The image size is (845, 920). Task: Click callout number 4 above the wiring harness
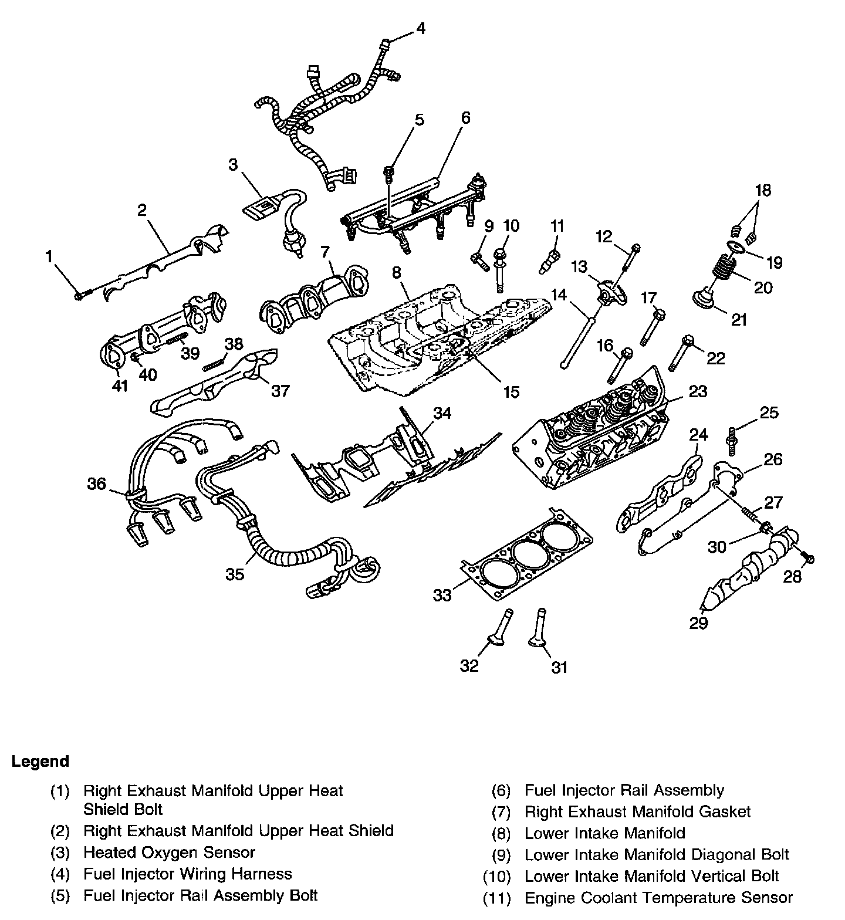pyautogui.click(x=420, y=28)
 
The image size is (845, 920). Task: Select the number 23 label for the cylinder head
pyautogui.click(x=698, y=391)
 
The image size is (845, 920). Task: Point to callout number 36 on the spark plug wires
pyautogui.click(x=97, y=483)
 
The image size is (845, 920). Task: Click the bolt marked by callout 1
pyautogui.click(x=79, y=295)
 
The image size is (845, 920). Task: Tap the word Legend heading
pyautogui.click(x=40, y=762)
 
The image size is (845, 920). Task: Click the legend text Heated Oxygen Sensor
pyautogui.click(x=169, y=852)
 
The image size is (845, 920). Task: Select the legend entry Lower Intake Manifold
pyautogui.click(x=604, y=833)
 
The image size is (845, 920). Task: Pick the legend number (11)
pyautogui.click(x=497, y=898)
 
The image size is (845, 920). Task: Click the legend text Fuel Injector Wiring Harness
pyautogui.click(x=187, y=874)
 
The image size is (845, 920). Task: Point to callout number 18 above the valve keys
pyautogui.click(x=763, y=190)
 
